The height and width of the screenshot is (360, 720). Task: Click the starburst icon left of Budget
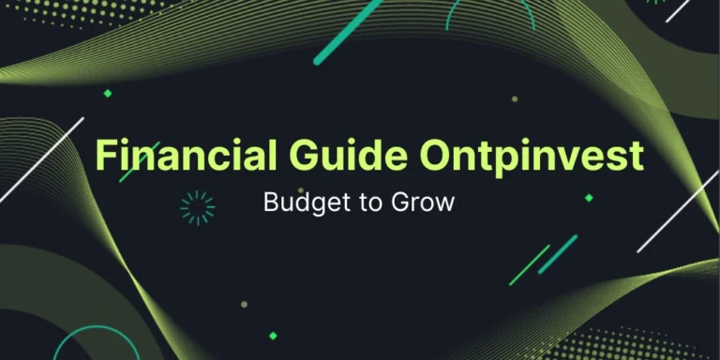point(197,207)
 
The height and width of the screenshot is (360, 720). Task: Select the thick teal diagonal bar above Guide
point(348,31)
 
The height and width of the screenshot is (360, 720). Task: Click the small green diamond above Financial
point(108,93)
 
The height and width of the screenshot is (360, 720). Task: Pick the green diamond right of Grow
point(589,198)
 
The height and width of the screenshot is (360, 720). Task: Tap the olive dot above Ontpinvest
point(514,98)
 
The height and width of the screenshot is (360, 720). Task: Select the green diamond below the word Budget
point(273,334)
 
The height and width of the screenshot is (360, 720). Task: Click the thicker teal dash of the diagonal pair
point(558,253)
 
